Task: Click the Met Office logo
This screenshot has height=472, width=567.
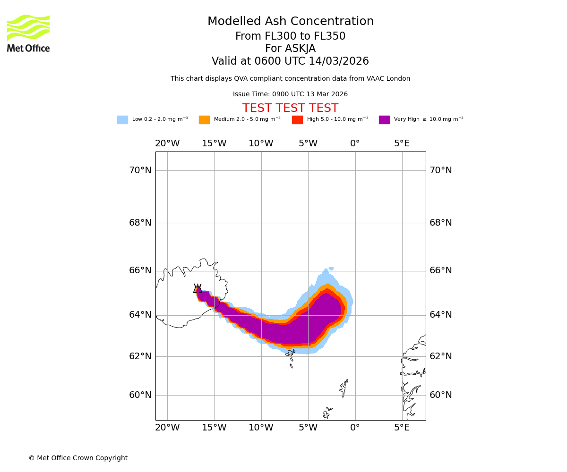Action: pos(28,33)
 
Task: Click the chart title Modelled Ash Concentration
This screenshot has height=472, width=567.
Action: pos(291,22)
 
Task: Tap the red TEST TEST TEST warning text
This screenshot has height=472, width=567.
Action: pos(290,109)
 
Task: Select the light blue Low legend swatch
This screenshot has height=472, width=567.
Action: pos(122,120)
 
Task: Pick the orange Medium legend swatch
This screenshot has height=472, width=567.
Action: pos(204,120)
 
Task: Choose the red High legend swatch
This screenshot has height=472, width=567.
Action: pos(297,120)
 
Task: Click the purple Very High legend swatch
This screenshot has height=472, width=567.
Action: pos(384,120)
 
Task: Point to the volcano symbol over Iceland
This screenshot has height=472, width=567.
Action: pos(198,289)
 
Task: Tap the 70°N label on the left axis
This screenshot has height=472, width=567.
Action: pos(140,170)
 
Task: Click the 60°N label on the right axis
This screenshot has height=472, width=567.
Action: pos(441,395)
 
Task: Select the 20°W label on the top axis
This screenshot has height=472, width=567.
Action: pos(167,143)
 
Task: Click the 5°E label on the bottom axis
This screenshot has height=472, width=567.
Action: pos(402,428)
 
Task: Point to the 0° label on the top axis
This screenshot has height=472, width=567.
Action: pos(355,143)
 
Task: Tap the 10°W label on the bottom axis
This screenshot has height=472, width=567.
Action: pos(261,428)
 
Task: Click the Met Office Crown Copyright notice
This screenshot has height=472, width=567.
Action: pos(78,458)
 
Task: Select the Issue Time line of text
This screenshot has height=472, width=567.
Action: pos(290,94)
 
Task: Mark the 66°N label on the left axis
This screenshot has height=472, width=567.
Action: pos(140,270)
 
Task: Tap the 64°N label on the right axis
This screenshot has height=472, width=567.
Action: pos(441,315)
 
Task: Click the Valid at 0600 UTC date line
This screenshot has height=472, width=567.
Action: pos(290,61)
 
